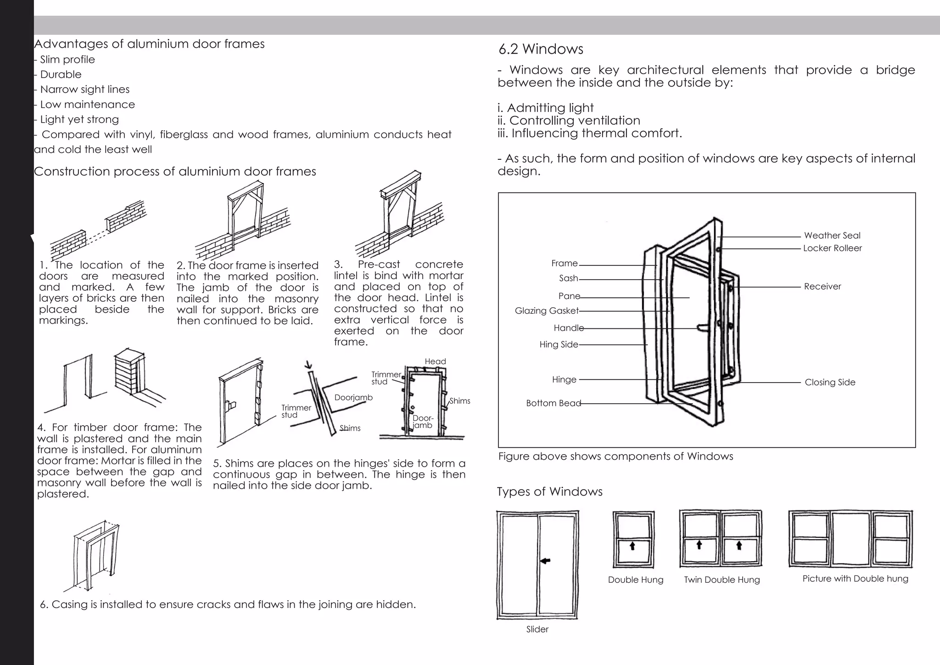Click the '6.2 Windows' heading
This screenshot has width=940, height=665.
tap(541, 49)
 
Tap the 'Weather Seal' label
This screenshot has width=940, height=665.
tap(832, 236)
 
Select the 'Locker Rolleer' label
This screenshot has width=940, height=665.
tap(832, 248)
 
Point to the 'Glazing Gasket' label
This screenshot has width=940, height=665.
tap(546, 311)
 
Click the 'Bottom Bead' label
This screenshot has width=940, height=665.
tap(553, 403)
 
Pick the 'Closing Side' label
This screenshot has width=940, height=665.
tap(830, 382)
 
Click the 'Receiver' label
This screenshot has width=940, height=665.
tap(822, 287)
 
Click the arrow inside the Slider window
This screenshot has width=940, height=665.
tap(545, 561)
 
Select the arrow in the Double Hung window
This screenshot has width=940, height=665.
tap(632, 546)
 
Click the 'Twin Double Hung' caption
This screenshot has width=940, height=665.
tap(722, 580)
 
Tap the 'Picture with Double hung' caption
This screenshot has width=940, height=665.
tap(855, 579)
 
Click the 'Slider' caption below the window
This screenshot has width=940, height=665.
tap(537, 630)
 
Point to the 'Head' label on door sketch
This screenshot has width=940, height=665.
tap(435, 361)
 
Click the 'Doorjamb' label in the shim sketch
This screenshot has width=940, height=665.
tap(353, 398)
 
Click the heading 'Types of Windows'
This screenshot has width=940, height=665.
tap(549, 491)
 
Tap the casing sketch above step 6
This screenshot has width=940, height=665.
tap(95, 556)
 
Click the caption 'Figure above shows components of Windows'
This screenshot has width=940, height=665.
tap(615, 456)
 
